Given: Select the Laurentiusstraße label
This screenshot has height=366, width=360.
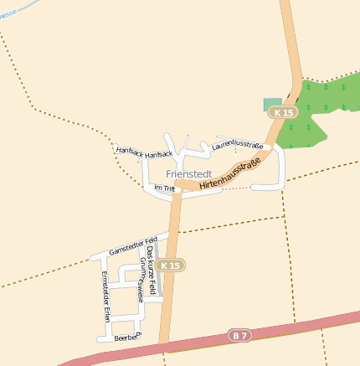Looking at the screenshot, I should [x=238, y=147].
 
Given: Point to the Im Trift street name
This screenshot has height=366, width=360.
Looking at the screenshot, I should [x=164, y=188].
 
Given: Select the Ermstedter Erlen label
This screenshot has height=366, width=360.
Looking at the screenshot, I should [x=105, y=297].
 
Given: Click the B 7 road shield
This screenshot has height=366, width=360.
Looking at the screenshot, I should [x=240, y=335].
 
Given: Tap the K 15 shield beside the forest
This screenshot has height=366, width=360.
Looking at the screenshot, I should [x=285, y=111].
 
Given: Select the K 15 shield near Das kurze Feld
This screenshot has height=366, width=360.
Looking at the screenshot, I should [x=170, y=265].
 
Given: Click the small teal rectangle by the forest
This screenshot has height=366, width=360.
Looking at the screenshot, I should [x=272, y=104].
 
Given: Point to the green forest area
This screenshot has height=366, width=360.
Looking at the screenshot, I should [x=327, y=105].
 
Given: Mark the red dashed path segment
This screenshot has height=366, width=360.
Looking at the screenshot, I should [x=237, y=188].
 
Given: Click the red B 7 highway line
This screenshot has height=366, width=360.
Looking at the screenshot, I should [x=301, y=324].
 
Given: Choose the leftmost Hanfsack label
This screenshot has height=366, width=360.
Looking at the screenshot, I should [x=130, y=151].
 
